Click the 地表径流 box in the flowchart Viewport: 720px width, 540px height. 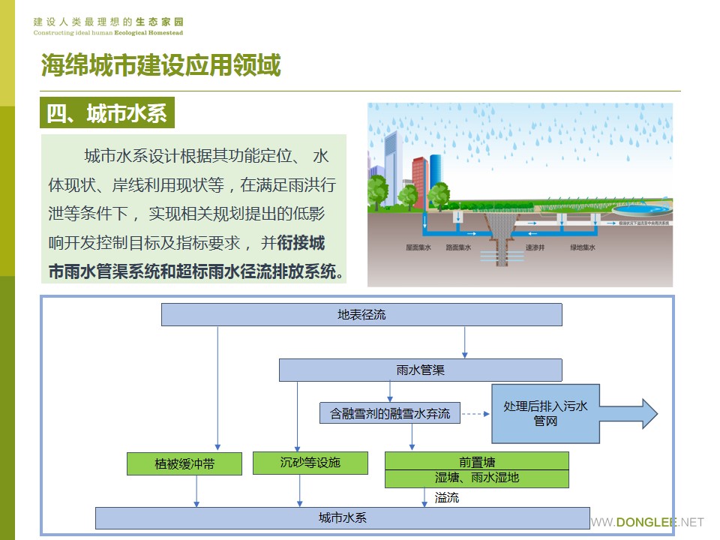pos(361,315)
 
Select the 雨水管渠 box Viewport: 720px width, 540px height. pos(420,370)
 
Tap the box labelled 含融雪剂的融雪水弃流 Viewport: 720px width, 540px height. pos(390,413)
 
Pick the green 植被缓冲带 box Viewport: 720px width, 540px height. pos(184,463)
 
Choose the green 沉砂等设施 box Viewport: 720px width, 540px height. pos(310,463)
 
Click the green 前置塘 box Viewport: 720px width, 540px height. pos(477,461)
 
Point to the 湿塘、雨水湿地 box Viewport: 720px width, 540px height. pos(477,478)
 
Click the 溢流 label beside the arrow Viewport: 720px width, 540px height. pos(447,497)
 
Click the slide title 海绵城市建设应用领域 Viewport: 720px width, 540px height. pos(160,66)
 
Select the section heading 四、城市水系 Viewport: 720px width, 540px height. pos(106,114)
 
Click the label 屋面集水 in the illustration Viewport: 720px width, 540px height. pos(418,247)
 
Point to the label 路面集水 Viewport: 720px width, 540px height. pos(458,247)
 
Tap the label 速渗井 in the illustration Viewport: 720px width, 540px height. pos(535,247)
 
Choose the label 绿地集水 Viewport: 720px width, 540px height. pos(583,247)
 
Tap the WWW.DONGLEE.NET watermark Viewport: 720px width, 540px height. pos(648,522)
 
